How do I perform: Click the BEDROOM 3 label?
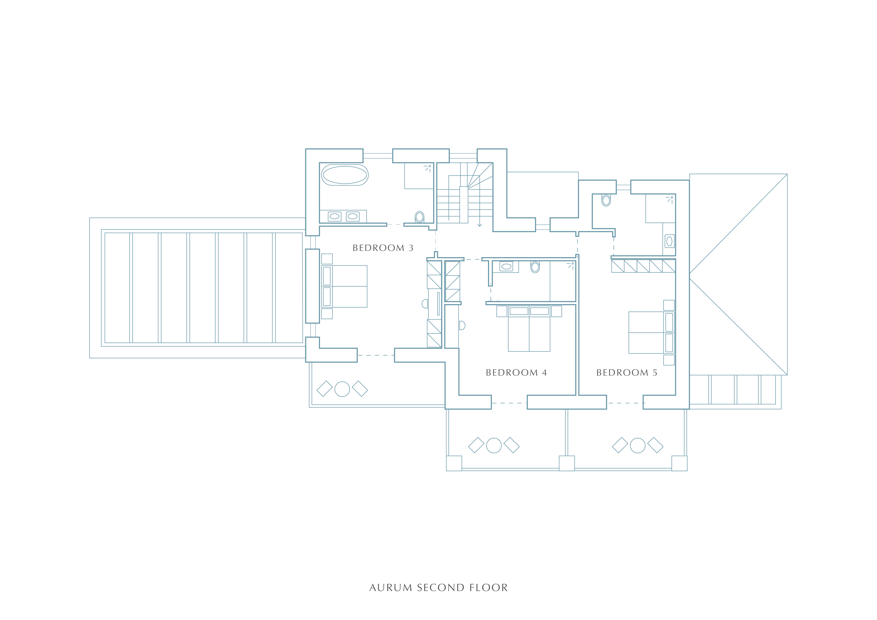coord(383,248)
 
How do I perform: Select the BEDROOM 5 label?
coord(627,373)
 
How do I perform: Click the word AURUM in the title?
coord(391,588)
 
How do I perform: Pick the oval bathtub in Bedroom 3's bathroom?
coord(345,175)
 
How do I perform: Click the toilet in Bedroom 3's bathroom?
coord(419,217)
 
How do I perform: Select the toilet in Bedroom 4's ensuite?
coord(535,267)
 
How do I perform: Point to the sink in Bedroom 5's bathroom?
coord(669,241)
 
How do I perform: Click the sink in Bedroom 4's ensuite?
coord(506,266)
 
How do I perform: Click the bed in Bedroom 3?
coord(344,286)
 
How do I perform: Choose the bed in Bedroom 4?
coord(529,329)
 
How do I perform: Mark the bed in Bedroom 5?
coord(651,333)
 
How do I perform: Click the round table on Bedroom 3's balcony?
coord(342,389)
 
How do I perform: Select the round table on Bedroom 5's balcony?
coord(637,445)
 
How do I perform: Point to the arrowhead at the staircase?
coord(480,225)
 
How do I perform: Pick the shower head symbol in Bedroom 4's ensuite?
coord(571,266)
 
